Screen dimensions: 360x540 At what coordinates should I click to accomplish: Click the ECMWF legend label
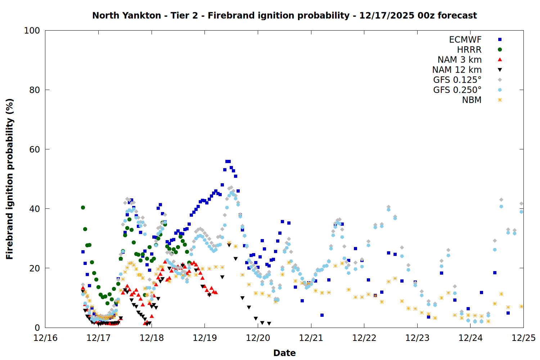click(x=465, y=40)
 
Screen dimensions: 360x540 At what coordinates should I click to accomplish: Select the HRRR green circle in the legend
click(x=500, y=50)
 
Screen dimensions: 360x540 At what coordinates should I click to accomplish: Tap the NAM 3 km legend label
click(x=459, y=60)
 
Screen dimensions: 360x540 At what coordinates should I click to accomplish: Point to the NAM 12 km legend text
click(x=457, y=70)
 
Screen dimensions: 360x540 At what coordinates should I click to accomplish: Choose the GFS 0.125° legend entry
click(x=457, y=80)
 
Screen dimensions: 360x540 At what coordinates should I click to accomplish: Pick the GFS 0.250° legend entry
click(x=457, y=90)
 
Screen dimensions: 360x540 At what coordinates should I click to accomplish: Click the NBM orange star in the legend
click(x=500, y=100)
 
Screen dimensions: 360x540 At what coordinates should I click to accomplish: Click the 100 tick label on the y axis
click(x=32, y=31)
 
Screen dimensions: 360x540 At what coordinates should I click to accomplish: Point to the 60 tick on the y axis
click(x=35, y=149)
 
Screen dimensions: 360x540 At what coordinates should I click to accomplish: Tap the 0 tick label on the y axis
click(x=37, y=328)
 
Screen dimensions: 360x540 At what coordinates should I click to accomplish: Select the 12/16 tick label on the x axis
click(x=45, y=338)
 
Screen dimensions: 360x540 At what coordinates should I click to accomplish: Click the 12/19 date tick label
click(x=205, y=338)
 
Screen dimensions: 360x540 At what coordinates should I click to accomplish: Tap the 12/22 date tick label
click(x=364, y=338)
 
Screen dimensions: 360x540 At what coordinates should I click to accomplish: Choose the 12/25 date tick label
click(x=523, y=338)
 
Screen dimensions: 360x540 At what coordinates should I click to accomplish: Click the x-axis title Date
click(x=284, y=353)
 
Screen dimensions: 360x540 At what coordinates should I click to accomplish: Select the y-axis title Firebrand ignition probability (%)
click(x=10, y=179)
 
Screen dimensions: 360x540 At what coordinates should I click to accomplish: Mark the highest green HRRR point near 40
click(x=83, y=207)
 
